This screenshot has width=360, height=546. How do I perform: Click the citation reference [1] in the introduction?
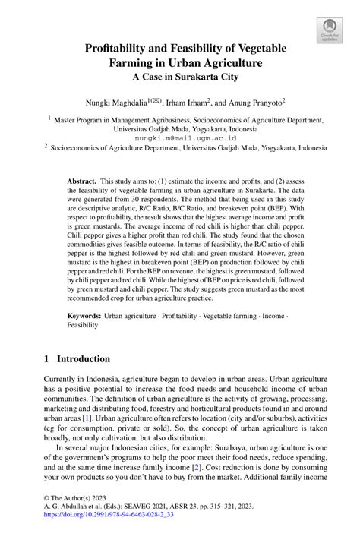click(87, 417)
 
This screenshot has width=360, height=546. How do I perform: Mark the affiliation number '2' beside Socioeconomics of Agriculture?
click(46, 149)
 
